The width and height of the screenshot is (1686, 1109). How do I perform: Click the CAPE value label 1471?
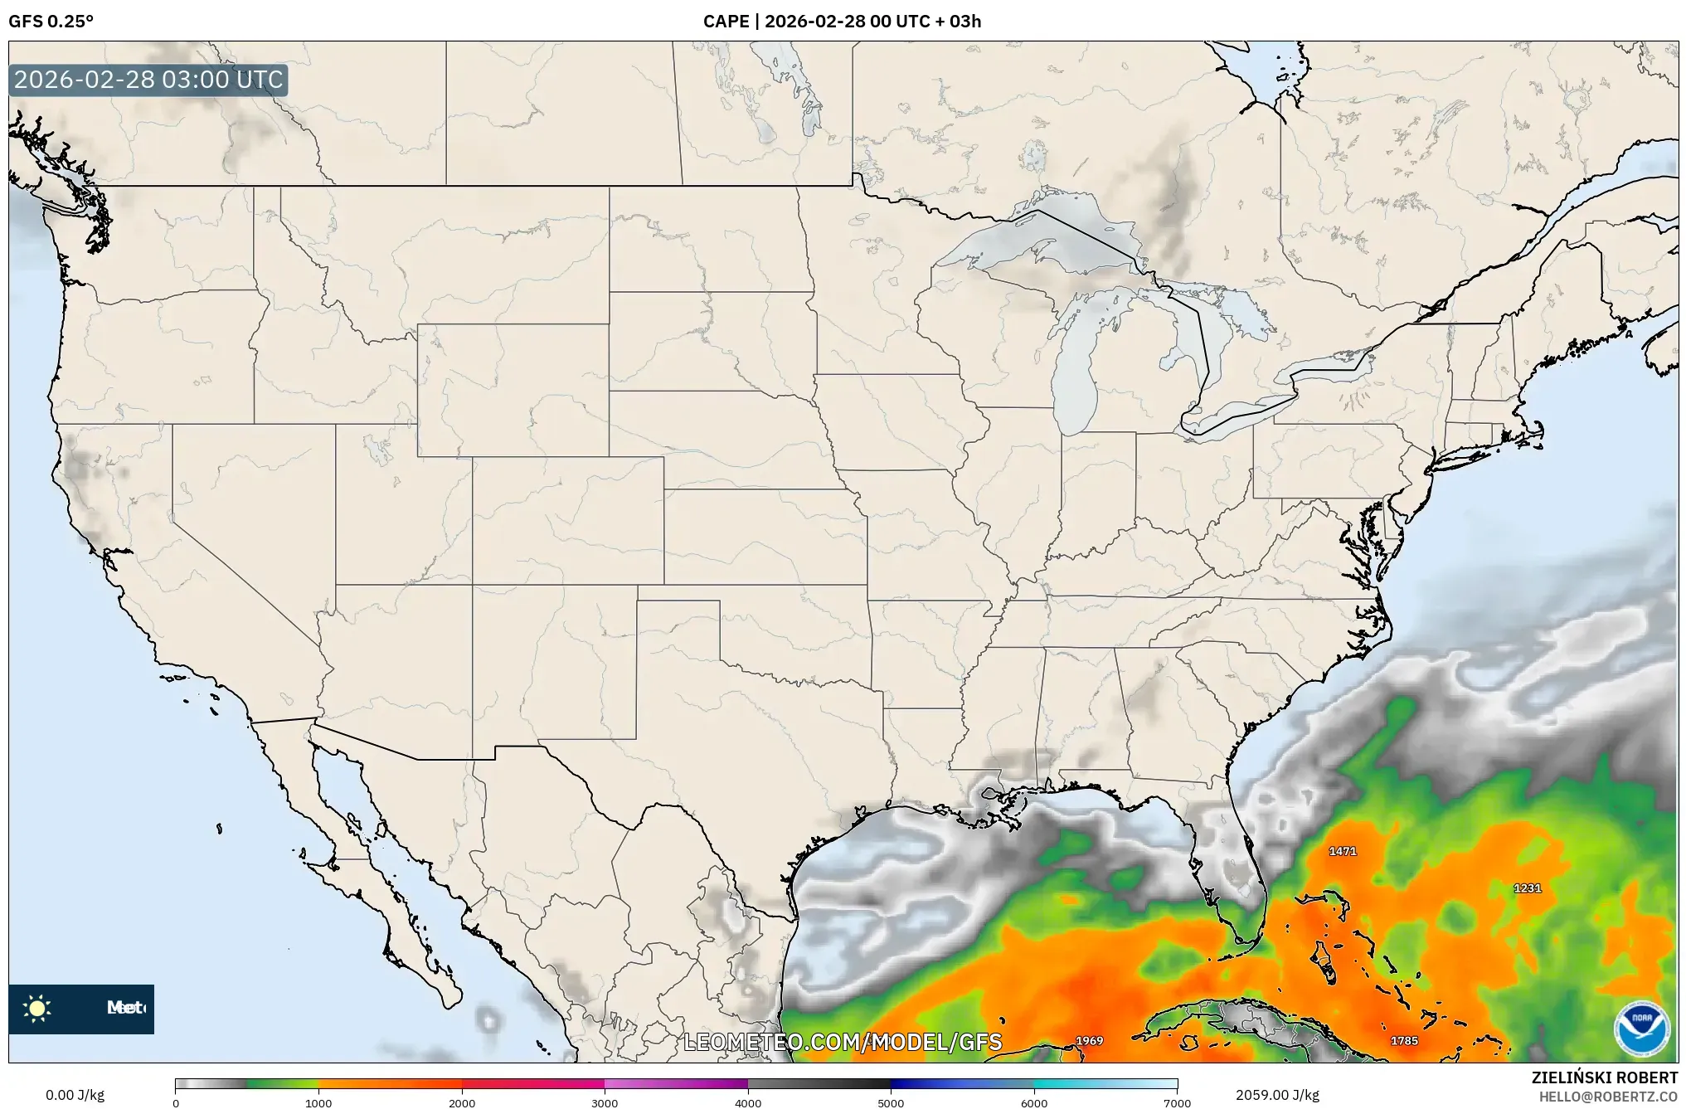pos(1342,851)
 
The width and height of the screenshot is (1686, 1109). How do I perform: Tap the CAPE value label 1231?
pos(1527,888)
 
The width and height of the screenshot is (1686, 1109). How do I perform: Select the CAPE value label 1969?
pos(1089,1041)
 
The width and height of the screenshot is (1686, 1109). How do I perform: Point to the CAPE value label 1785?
pos(1404,1041)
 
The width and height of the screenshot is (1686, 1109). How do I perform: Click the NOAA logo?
pos(1641,1029)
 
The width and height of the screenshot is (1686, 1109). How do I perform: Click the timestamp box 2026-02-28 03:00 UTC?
pos(148,80)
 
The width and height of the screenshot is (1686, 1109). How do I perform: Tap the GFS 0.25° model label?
pos(51,22)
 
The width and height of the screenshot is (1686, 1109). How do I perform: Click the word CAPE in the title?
pos(726,22)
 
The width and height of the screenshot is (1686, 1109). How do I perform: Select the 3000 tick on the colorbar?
pos(605,1102)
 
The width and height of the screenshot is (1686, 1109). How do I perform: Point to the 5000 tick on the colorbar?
pos(891,1102)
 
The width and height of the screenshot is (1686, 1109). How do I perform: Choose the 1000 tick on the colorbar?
pos(318,1102)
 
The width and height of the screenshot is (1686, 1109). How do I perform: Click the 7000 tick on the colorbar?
pos(1177,1102)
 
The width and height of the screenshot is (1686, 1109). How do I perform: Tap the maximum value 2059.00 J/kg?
pos(1277,1095)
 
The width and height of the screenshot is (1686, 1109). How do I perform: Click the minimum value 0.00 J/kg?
pos(75,1095)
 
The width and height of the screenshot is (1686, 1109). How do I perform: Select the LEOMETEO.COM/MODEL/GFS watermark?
pos(843,1043)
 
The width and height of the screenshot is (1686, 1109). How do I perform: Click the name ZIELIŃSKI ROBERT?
pos(1604,1077)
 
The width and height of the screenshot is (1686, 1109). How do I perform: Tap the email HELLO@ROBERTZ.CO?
pos(1608,1097)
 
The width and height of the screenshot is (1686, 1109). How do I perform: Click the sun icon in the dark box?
pos(37,1008)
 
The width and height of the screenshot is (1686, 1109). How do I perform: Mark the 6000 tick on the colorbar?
pos(1033,1102)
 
